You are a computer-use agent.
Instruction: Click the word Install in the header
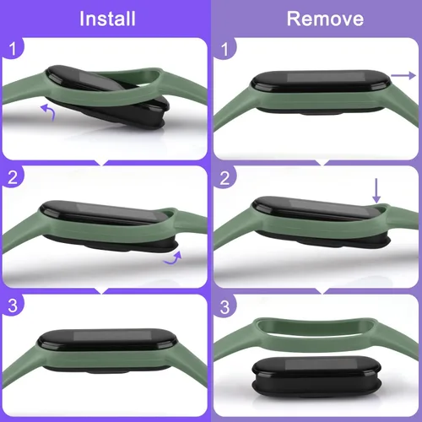tap(107, 19)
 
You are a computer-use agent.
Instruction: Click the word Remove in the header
tap(325, 19)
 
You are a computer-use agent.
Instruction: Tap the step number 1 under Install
tap(13, 49)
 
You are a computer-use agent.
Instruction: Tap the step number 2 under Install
tap(13, 177)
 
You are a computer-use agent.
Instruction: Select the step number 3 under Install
tap(13, 306)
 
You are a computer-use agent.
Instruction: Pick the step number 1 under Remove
tap(225, 50)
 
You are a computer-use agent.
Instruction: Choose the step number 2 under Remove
tap(225, 178)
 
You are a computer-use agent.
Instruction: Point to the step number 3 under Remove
tap(225, 307)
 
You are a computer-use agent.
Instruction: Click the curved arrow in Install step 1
tap(50, 111)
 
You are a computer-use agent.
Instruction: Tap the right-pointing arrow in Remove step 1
tap(403, 75)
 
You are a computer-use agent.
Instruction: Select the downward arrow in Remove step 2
tap(376, 191)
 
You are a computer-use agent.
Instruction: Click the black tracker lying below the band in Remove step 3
tap(316, 377)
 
